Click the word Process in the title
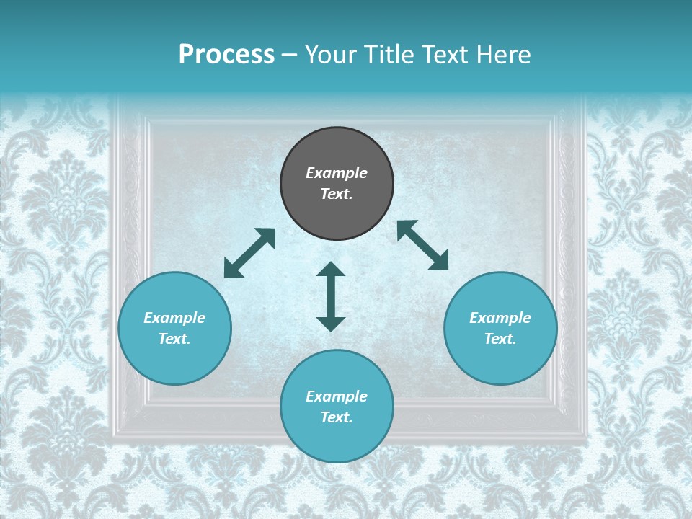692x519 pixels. [226, 55]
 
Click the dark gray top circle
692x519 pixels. [337, 151]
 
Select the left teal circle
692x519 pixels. [174, 353]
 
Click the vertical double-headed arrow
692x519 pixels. [331, 297]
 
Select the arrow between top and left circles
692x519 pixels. [249, 253]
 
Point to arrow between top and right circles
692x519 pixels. [423, 245]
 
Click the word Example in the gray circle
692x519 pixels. [337, 173]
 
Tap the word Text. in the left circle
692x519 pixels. [174, 339]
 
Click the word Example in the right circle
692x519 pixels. [500, 318]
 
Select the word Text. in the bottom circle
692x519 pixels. [337, 417]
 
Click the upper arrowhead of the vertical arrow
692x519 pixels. [331, 270]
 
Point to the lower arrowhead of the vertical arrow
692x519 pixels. [331, 324]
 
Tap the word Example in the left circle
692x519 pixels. [174, 318]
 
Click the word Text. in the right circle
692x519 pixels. [500, 339]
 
